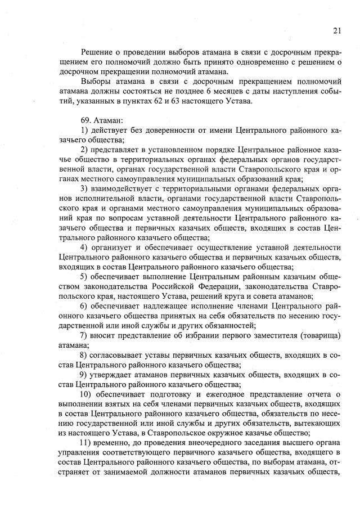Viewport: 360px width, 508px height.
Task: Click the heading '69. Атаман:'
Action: click(x=98, y=120)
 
